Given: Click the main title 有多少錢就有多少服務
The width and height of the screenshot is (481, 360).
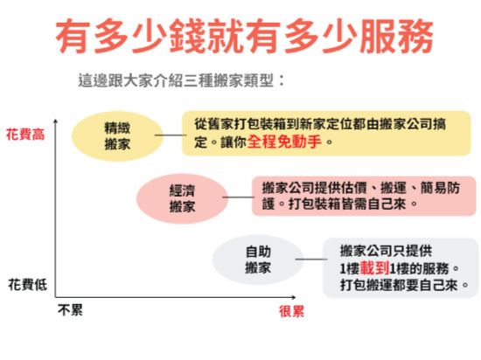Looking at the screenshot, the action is [x=244, y=36].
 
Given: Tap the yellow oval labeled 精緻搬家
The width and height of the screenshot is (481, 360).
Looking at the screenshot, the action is [x=117, y=136].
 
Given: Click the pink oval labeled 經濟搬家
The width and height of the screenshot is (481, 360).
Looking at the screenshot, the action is [x=182, y=198].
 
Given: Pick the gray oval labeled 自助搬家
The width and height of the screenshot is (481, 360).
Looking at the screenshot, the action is [x=258, y=260].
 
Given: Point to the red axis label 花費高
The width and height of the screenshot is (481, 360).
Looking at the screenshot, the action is [x=25, y=135].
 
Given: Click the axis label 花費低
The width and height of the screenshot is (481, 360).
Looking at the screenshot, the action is [x=28, y=285].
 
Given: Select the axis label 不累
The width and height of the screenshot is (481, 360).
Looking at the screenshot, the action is [x=70, y=310].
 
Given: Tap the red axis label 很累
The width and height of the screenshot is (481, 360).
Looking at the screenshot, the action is [x=291, y=311].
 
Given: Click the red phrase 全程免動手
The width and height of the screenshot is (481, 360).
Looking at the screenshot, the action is [x=284, y=142].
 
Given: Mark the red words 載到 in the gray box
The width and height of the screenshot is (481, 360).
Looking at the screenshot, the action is [x=374, y=268].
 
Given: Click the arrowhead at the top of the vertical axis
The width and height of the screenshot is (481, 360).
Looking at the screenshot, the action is [x=55, y=121].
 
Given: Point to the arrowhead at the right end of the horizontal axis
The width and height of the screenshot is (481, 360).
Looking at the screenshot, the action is [x=293, y=297].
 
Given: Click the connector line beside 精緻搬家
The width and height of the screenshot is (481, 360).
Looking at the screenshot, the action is [x=171, y=135].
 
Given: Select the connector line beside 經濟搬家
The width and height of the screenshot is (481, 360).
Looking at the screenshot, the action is [x=238, y=197].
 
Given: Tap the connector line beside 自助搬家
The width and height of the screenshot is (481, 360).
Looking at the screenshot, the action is [x=311, y=260].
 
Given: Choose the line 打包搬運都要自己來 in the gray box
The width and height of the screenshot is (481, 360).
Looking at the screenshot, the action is [x=399, y=285].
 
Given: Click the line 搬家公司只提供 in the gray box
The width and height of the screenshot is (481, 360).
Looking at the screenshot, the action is [x=386, y=252].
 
